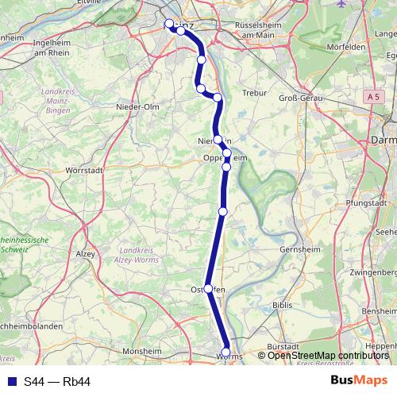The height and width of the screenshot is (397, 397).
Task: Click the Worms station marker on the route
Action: click(226, 352)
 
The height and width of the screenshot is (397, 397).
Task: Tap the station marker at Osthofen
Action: click(208, 289)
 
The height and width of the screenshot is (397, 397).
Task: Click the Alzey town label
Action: click(85, 254)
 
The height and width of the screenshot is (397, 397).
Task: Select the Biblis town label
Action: click(283, 304)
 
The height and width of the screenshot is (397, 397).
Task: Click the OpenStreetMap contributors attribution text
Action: click(328, 356)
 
